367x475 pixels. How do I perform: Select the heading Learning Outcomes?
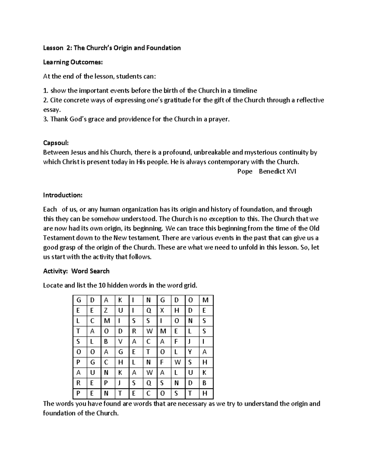point(73,62)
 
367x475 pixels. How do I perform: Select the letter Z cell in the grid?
point(106,310)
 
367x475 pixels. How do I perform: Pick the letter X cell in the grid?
point(162,310)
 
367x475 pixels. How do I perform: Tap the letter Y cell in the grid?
point(190,352)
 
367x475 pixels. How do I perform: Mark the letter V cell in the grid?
point(120,342)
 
